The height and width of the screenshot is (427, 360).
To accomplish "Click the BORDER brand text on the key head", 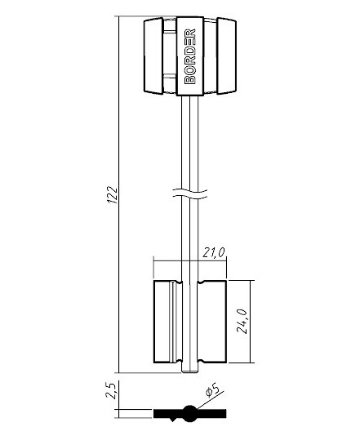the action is pos(190,56).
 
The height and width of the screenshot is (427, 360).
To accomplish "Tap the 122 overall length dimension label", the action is pos(112,194).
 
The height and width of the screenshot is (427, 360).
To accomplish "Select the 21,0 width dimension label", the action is pos(214,252).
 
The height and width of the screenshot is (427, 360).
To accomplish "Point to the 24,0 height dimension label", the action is pos(242,321).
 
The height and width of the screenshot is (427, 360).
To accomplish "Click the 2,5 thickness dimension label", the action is pos(111,390).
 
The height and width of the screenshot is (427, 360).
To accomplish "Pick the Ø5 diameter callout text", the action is pos(212,390).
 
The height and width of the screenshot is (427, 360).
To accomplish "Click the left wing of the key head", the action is pos(153,56).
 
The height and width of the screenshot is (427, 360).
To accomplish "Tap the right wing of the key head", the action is pos(227,56).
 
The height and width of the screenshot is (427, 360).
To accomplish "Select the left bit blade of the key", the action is pos(167,322).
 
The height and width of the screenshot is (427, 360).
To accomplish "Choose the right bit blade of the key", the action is pos(212,322).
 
